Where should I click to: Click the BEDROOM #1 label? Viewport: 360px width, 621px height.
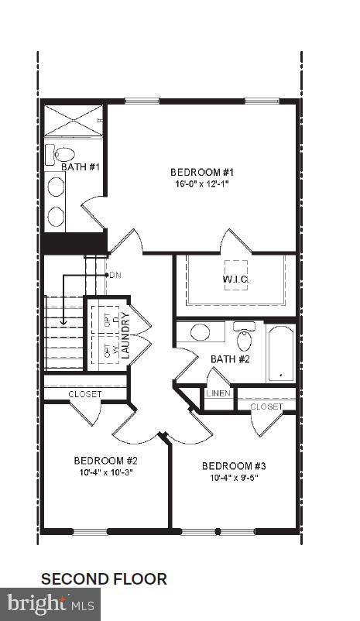[x=201, y=172]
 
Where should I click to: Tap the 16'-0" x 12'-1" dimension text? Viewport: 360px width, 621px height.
[x=201, y=184]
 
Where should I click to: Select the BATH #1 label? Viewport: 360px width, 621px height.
[x=81, y=166]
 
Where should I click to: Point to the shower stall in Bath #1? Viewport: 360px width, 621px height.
[x=73, y=120]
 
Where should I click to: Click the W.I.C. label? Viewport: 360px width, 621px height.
[x=236, y=279]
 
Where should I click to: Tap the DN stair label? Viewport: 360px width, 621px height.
[x=115, y=275]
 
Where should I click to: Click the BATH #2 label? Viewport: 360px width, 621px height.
[x=230, y=359]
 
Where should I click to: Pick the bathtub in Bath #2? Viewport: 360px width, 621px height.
[x=280, y=354]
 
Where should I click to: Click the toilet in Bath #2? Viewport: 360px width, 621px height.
[x=244, y=337]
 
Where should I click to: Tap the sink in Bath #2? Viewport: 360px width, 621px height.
[x=200, y=333]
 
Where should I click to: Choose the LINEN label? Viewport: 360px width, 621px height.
[x=218, y=393]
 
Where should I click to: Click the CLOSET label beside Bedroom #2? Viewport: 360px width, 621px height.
[x=85, y=394]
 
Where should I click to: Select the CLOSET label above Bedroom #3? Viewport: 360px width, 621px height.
[x=266, y=406]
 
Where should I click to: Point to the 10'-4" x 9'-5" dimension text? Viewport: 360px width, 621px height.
[x=234, y=479]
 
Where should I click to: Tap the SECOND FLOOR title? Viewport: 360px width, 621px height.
[x=104, y=578]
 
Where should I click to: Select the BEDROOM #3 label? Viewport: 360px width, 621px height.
[x=234, y=466]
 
